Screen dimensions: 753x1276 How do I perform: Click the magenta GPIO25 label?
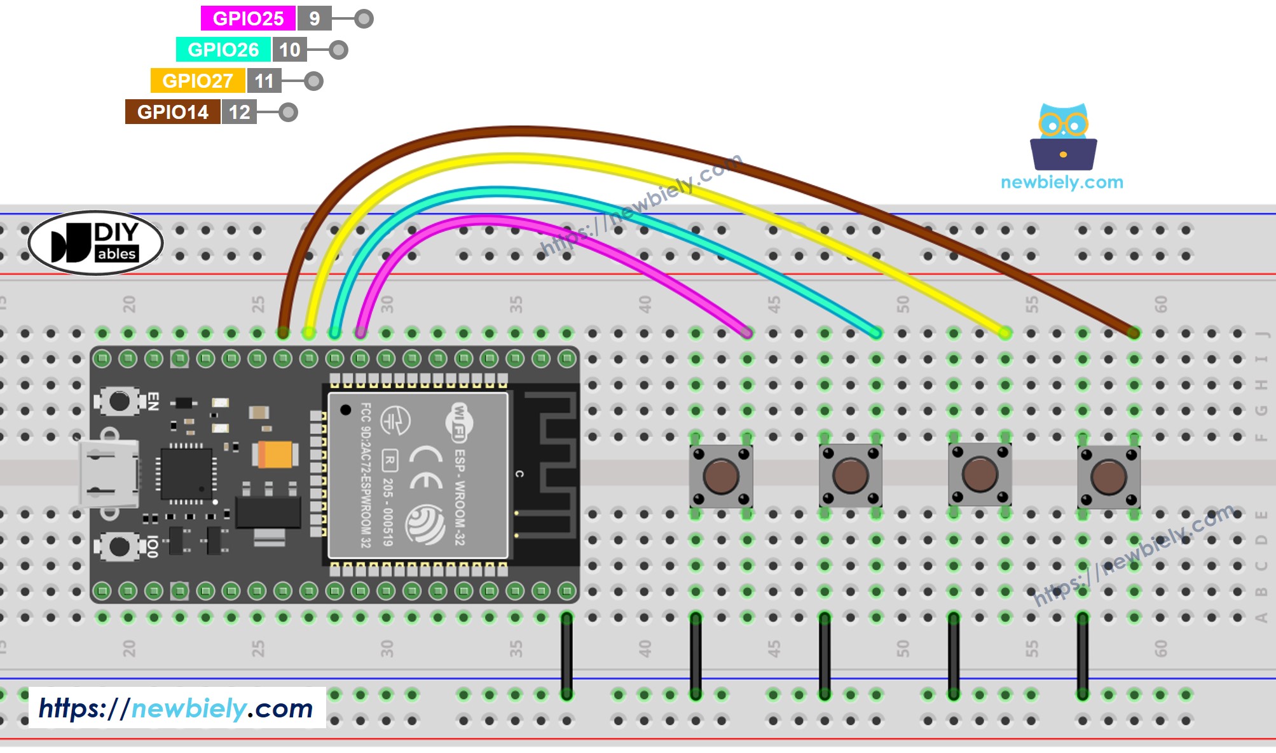pyautogui.click(x=248, y=18)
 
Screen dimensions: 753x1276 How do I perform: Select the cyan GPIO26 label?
pyautogui.click(x=223, y=50)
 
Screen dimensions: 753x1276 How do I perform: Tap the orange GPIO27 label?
pyautogui.click(x=198, y=81)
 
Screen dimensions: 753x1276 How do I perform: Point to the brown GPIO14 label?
pyautogui.click(x=172, y=112)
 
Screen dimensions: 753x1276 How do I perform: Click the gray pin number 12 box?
pyautogui.click(x=239, y=112)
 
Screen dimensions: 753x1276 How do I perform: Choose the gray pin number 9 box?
pyautogui.click(x=314, y=18)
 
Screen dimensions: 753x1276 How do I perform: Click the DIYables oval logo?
pyautogui.click(x=96, y=243)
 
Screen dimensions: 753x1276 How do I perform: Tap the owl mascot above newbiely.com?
pyautogui.click(x=1063, y=136)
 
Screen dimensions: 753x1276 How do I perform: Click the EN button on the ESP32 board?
pyautogui.click(x=119, y=401)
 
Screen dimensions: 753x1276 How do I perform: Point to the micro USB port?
pyautogui.click(x=108, y=474)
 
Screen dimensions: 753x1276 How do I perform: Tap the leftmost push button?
pyautogui.click(x=721, y=476)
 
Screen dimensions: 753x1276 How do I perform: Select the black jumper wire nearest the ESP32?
pyautogui.click(x=566, y=655)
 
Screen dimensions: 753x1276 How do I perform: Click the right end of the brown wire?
pyautogui.click(x=1133, y=332)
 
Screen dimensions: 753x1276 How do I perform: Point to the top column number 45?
pyautogui.click(x=774, y=305)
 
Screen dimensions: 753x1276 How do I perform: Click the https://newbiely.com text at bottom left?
pyautogui.click(x=176, y=708)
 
